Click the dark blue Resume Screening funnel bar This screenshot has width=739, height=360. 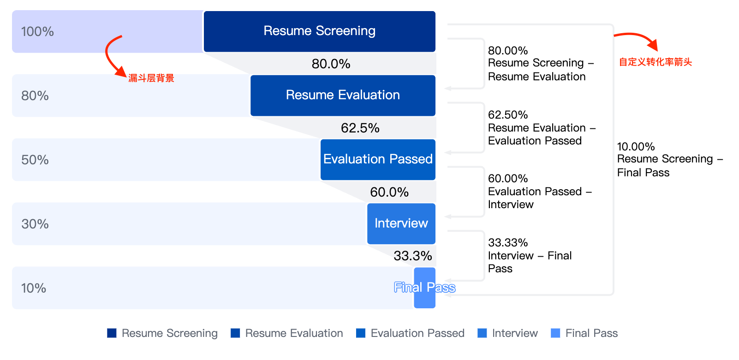pyautogui.click(x=319, y=31)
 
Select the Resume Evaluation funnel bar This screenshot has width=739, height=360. pyautogui.click(x=343, y=96)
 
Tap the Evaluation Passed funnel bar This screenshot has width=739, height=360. pyautogui.click(x=378, y=159)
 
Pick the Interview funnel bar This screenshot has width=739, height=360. pyautogui.click(x=401, y=223)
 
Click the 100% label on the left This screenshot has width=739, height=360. pyautogui.click(x=37, y=32)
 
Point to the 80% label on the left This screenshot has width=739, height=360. pyautogui.click(x=35, y=96)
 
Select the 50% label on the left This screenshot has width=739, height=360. pyautogui.click(x=35, y=160)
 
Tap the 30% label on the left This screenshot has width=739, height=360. pyautogui.click(x=35, y=224)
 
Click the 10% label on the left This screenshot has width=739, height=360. pyautogui.click(x=34, y=288)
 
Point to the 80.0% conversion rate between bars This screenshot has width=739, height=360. pyautogui.click(x=331, y=64)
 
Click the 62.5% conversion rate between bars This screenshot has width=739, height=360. pyautogui.click(x=360, y=128)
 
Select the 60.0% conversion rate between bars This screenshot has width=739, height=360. pyautogui.click(x=389, y=192)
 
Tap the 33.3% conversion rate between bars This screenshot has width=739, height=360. pyautogui.click(x=413, y=256)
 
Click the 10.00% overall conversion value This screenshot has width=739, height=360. pyautogui.click(x=636, y=146)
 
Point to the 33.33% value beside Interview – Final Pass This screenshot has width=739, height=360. pyautogui.click(x=508, y=242)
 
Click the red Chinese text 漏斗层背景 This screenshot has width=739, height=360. pyautogui.click(x=151, y=78)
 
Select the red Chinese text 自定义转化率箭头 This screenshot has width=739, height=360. pyautogui.click(x=655, y=62)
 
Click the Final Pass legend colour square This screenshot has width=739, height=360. pyautogui.click(x=555, y=333)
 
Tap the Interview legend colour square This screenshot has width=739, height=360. pyautogui.click(x=482, y=333)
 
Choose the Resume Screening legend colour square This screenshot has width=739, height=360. pyautogui.click(x=112, y=333)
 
